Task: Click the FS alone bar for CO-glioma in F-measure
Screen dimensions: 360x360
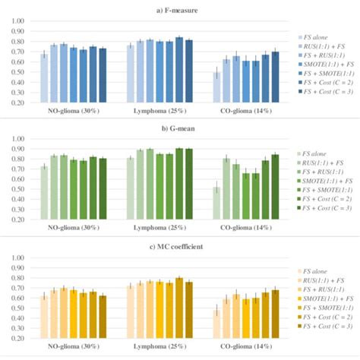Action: [216, 87]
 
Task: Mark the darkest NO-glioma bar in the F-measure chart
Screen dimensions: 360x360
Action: [103, 75]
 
